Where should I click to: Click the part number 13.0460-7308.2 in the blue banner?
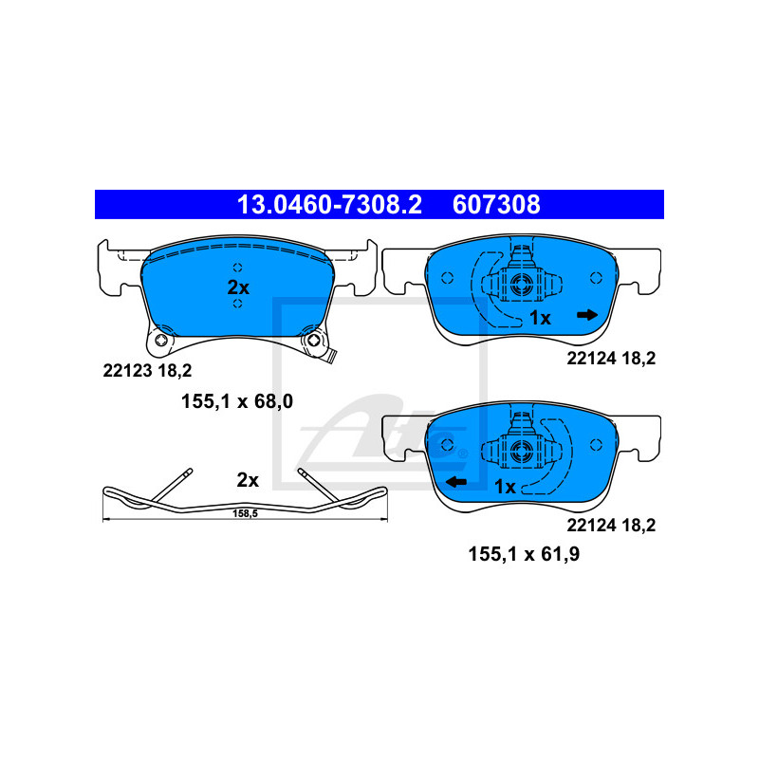point(329,204)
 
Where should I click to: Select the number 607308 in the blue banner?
point(496,204)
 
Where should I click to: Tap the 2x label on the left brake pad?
point(238,287)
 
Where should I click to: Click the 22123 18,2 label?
point(147,371)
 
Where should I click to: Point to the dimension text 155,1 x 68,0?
point(236,401)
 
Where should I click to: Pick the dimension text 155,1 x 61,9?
point(524,554)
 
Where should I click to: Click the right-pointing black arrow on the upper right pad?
point(587,316)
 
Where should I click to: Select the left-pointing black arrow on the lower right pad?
point(456,482)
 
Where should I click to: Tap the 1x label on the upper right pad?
point(540,318)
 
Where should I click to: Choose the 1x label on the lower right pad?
point(505,487)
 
